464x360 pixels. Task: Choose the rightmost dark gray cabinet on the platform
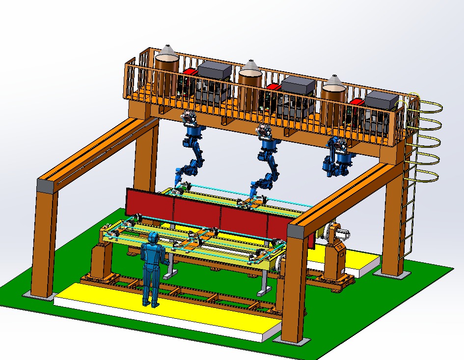tap(382, 100)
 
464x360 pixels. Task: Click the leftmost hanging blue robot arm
tap(192, 147)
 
